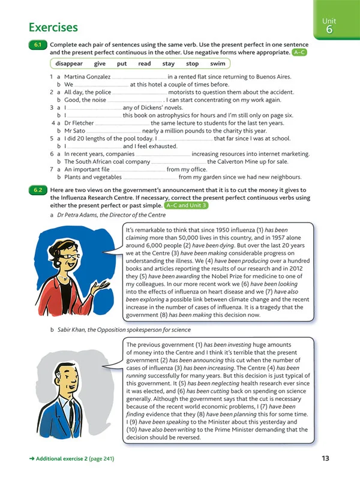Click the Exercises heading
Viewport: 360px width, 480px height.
[53, 28]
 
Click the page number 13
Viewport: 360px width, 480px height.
[325, 459]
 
